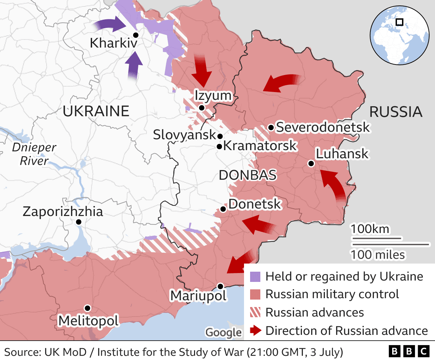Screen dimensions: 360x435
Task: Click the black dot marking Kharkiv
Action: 136,35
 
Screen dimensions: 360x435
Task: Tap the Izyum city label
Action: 213,95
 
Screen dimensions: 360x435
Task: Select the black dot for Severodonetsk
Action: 271,128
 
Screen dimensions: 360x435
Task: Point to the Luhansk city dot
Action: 311,164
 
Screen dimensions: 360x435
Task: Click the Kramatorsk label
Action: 260,146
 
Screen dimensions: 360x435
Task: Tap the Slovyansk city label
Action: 184,135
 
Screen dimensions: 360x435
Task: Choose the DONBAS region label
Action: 247,175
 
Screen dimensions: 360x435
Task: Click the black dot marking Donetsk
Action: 223,209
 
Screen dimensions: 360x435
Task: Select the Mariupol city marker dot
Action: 220,286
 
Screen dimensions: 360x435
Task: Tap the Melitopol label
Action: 88,321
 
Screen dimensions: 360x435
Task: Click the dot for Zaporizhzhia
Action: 79,222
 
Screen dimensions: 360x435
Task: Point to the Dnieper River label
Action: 34,154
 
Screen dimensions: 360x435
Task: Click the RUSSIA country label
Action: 396,112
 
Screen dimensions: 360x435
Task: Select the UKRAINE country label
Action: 96,111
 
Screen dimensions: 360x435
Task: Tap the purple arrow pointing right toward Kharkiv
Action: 110,24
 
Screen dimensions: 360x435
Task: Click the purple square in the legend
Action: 255,277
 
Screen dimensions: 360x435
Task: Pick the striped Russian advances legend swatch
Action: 255,312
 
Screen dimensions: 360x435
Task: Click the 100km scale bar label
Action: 370,229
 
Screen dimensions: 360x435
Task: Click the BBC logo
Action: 409,351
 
